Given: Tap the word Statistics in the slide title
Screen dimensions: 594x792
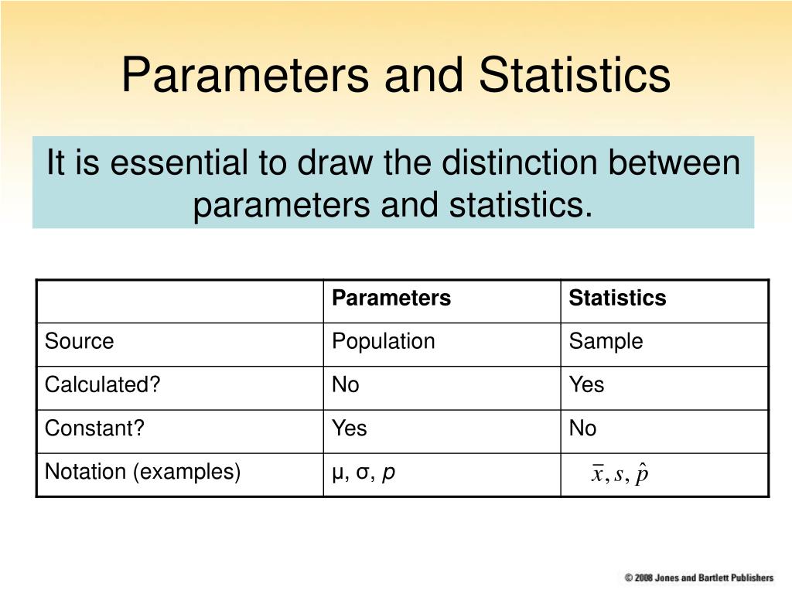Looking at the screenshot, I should click(574, 76).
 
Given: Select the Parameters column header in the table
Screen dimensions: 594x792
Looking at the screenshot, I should click(391, 299).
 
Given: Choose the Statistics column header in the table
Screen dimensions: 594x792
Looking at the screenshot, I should click(617, 299).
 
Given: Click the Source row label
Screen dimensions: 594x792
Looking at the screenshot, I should click(79, 342).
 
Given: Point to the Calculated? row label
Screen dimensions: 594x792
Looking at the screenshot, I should click(102, 385).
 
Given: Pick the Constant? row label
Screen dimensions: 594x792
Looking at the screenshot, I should click(94, 428).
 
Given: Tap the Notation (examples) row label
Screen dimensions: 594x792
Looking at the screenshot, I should click(142, 472).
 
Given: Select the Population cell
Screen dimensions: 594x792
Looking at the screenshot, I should click(384, 342).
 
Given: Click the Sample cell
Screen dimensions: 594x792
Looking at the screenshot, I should click(606, 342).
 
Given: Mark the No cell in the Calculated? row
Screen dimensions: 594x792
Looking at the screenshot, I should click(346, 385).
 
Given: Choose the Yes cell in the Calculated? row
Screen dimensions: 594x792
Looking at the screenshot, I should click(586, 385).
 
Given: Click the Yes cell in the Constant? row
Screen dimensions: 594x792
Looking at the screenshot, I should click(350, 428).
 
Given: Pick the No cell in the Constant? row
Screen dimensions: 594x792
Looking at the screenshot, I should click(583, 428).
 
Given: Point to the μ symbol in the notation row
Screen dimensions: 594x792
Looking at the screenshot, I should click(337, 473).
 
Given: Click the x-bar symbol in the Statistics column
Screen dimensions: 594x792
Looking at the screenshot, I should click(597, 474).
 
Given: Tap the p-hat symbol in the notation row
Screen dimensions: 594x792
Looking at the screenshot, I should click(641, 474).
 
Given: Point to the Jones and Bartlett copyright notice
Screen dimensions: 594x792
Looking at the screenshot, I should click(699, 578).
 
